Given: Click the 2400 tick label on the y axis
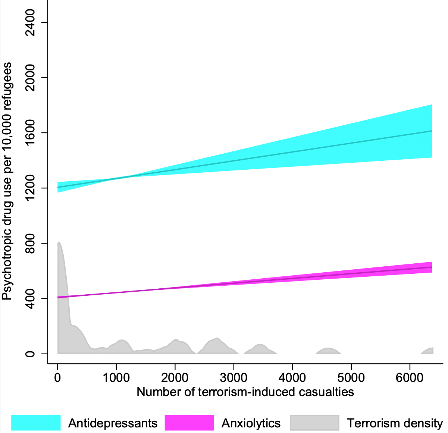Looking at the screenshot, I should (x=29, y=23).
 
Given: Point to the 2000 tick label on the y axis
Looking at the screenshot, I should (x=29, y=78).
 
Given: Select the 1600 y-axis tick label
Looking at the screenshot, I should (x=29, y=133).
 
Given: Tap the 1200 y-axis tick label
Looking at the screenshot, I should (x=29, y=188).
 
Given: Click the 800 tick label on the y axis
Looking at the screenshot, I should (x=29, y=243).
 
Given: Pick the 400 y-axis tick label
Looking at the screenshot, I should (x=29, y=298).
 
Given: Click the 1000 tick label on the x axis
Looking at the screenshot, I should (x=116, y=377).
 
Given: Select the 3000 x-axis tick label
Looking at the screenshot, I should (x=234, y=377).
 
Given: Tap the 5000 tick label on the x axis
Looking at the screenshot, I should (x=351, y=377).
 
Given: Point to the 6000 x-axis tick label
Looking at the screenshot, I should (x=410, y=377).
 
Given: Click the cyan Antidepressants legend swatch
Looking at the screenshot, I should (x=36, y=423).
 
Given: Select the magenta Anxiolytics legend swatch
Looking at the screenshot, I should (x=189, y=423).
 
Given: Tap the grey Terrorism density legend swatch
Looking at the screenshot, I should (x=314, y=423).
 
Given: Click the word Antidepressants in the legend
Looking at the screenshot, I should (x=113, y=423).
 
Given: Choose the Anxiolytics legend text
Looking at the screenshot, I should (x=251, y=423).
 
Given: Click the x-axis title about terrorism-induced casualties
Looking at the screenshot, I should (x=245, y=392).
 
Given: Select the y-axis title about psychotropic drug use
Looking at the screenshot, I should (x=7, y=181).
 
